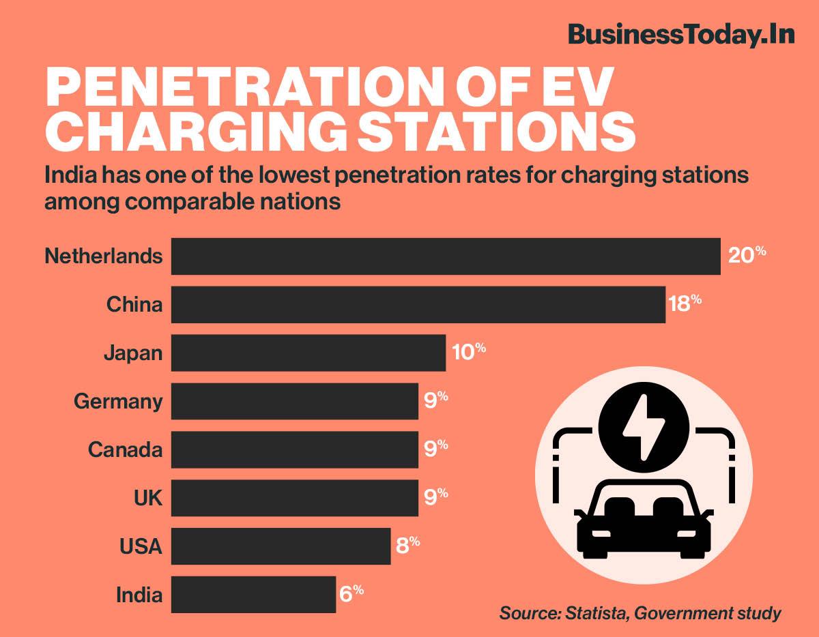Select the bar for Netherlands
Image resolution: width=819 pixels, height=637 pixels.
click(446, 256)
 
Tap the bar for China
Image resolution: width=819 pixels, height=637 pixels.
click(418, 304)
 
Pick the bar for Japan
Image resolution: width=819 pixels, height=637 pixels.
click(308, 353)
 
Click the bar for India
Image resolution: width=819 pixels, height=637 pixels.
click(253, 594)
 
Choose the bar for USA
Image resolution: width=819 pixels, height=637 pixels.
click(281, 546)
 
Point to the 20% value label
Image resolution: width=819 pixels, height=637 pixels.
click(747, 256)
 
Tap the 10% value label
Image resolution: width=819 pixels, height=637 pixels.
click(468, 352)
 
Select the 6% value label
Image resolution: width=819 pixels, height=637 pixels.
click(351, 593)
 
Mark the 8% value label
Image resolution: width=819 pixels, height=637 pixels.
click(407, 546)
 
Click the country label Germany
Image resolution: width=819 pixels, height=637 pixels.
click(118, 402)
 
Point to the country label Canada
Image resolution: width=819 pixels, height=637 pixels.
click(125, 449)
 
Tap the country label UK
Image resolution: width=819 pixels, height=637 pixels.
click(148, 498)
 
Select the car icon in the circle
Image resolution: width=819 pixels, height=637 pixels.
click(643, 518)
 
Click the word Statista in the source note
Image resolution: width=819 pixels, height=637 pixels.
click(594, 612)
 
